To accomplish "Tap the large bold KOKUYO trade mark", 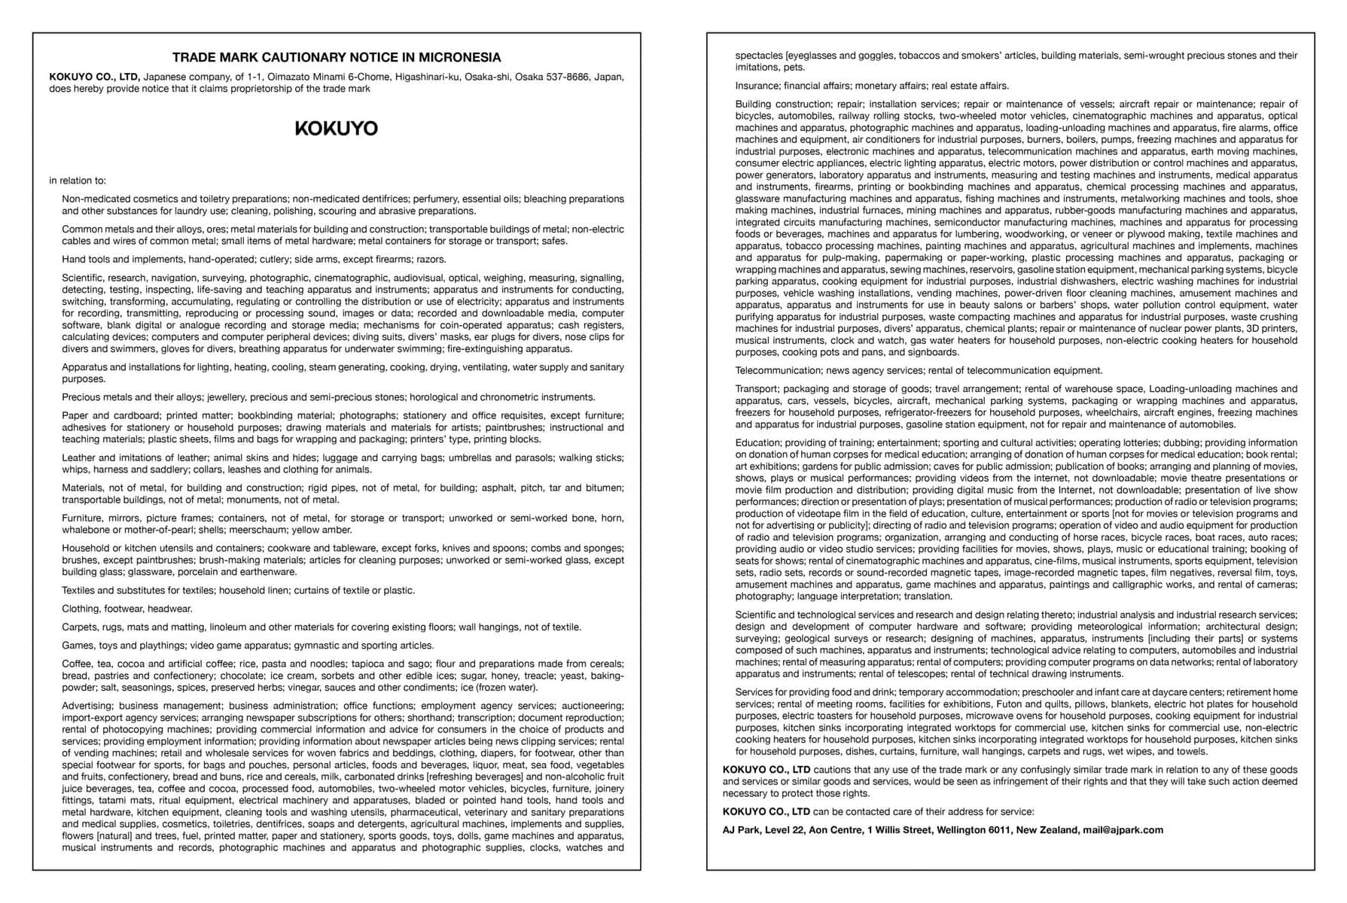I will tap(336, 129).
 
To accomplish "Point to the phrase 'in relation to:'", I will tap(78, 181).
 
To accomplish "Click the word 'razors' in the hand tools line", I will tap(431, 260).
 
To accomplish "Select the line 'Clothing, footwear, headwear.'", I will tap(127, 609).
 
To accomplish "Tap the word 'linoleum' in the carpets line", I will tap(228, 627).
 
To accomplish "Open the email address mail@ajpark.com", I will tap(1123, 830).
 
